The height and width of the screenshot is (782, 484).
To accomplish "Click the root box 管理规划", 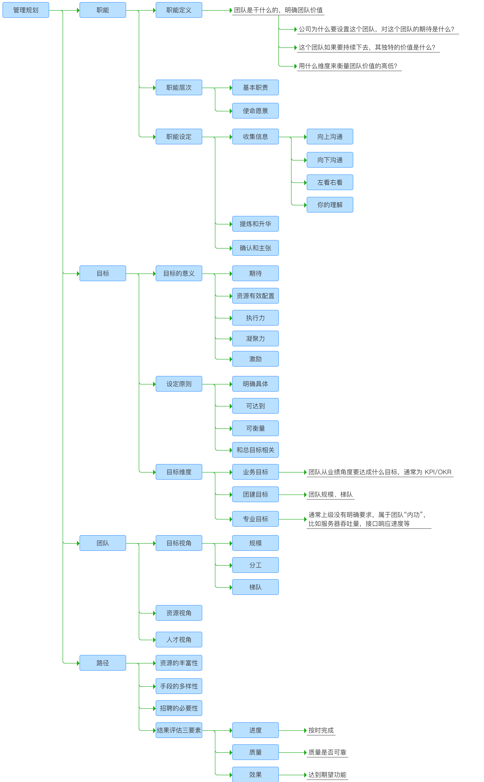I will pos(26,10).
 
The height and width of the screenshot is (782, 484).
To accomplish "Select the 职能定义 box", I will pos(179,10).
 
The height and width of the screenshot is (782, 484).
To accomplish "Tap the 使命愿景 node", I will pos(255,111).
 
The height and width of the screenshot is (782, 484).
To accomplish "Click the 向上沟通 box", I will pos(330,137).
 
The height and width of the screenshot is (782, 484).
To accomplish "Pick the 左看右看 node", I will pos(330,182).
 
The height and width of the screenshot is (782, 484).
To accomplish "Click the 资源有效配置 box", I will pos(255,296).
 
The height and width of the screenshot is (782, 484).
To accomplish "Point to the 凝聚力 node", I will pos(255,339).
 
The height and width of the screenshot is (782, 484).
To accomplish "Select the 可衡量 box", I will pos(255,428).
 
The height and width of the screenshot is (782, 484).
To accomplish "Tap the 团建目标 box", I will pos(255,494).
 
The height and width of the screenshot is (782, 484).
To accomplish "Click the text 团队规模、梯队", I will pos(330,494).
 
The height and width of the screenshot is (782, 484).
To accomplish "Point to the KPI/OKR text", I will pos(438,472).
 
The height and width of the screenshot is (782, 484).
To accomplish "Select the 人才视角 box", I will pos(179,640).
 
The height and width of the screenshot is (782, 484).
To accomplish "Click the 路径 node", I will pos(102,663).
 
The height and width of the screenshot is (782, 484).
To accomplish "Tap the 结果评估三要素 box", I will pos(179,730).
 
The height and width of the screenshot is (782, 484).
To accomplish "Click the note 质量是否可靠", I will pos(327,752).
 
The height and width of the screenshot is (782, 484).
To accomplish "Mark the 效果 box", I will pos(255,775).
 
